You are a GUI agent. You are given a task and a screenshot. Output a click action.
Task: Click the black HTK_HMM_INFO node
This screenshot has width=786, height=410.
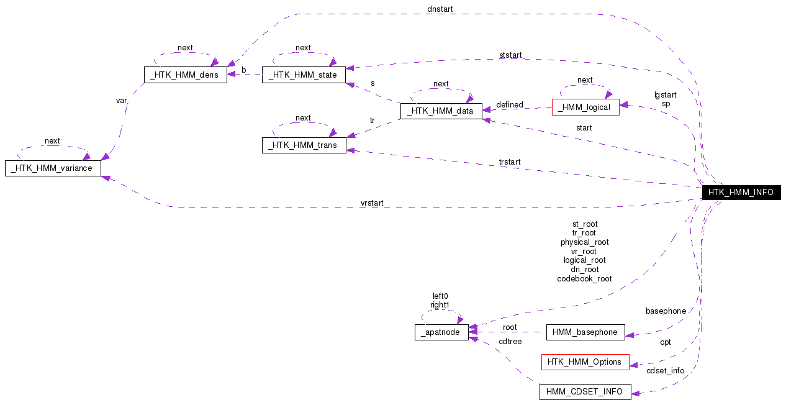(x=740, y=193)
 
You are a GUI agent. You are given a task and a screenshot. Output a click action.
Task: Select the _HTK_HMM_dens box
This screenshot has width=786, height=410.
(x=185, y=75)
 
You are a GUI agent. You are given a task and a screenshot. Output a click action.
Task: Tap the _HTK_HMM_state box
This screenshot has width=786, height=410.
(x=303, y=75)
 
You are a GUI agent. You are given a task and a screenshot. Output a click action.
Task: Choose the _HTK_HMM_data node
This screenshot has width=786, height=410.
(x=441, y=111)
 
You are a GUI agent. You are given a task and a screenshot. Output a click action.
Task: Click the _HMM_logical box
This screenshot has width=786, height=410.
(x=585, y=107)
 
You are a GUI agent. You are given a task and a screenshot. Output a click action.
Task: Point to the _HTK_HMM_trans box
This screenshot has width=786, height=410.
(x=304, y=145)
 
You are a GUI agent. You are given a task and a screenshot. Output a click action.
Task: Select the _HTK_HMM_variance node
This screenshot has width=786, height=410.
(x=53, y=168)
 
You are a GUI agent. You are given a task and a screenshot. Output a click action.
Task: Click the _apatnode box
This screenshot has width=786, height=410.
(x=441, y=332)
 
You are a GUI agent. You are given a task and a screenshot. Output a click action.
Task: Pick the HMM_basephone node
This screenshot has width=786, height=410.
(x=585, y=332)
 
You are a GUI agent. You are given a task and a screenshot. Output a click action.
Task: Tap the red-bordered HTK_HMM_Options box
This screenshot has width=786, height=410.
(x=585, y=362)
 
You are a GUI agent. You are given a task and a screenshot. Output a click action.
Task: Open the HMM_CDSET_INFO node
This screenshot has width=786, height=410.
(x=585, y=391)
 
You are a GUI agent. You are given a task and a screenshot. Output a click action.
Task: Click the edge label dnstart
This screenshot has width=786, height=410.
(x=440, y=9)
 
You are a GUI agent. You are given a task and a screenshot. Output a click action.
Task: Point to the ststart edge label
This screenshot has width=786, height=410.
(x=510, y=55)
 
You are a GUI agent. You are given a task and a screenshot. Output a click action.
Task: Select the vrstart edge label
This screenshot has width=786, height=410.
(x=372, y=203)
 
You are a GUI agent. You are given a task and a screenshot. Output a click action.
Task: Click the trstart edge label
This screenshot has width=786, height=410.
(x=510, y=162)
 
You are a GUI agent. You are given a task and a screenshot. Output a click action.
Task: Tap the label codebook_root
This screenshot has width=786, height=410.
(x=584, y=279)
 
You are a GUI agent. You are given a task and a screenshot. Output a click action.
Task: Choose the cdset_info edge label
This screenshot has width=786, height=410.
(x=666, y=371)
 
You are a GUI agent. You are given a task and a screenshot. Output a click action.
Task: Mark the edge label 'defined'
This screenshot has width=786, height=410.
(x=510, y=105)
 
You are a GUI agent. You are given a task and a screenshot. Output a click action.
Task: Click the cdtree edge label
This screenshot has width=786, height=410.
(x=510, y=342)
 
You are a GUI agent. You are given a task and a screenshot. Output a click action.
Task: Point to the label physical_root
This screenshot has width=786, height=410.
(x=584, y=242)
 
